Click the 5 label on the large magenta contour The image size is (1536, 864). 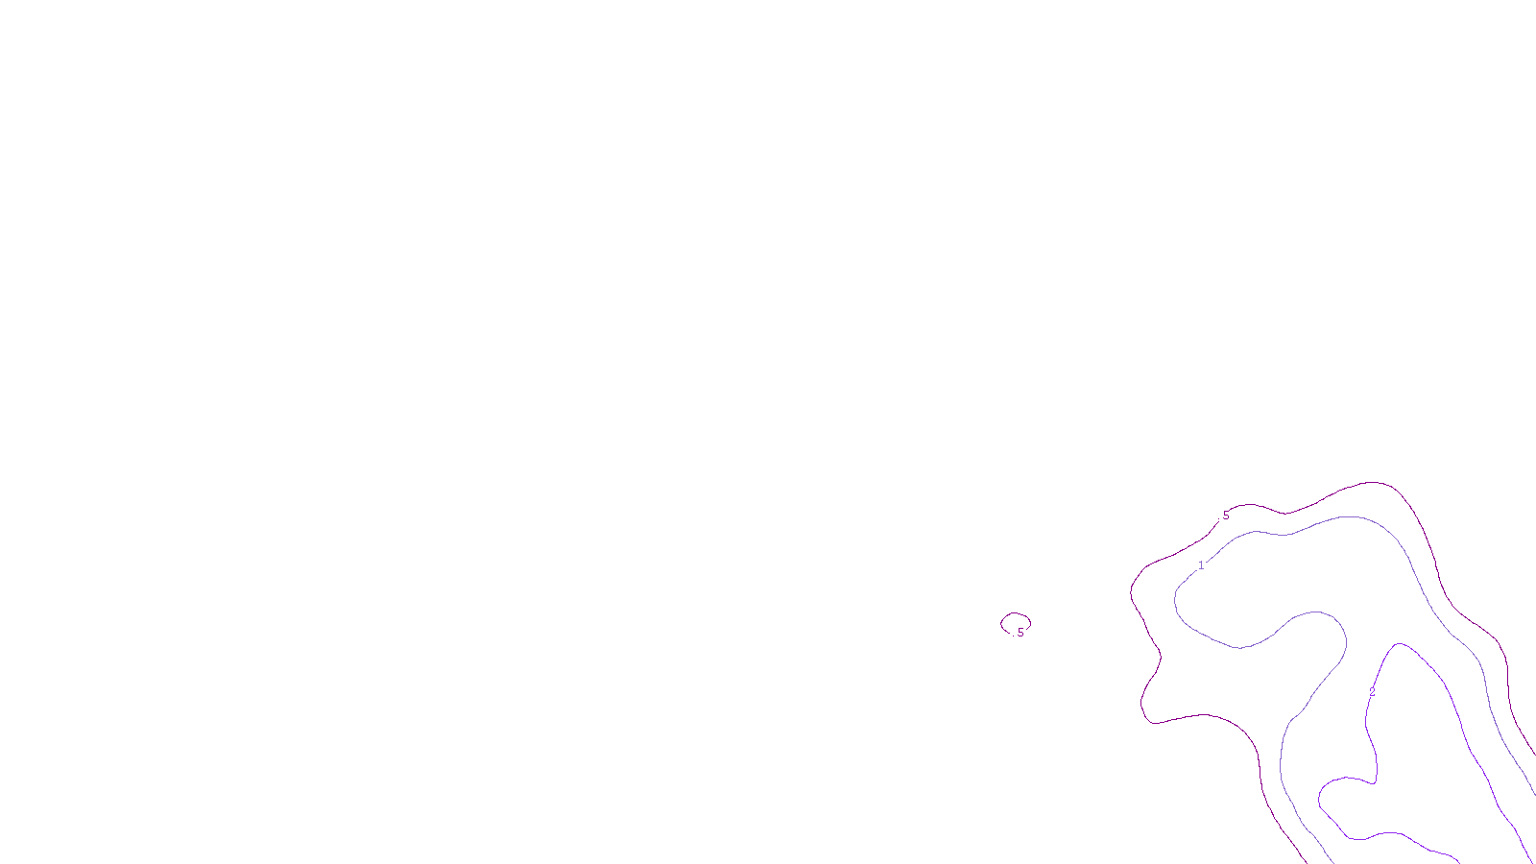click(1225, 516)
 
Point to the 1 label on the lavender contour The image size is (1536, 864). click(1201, 565)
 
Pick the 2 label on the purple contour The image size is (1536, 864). click(1372, 691)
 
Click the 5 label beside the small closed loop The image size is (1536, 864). click(1020, 633)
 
